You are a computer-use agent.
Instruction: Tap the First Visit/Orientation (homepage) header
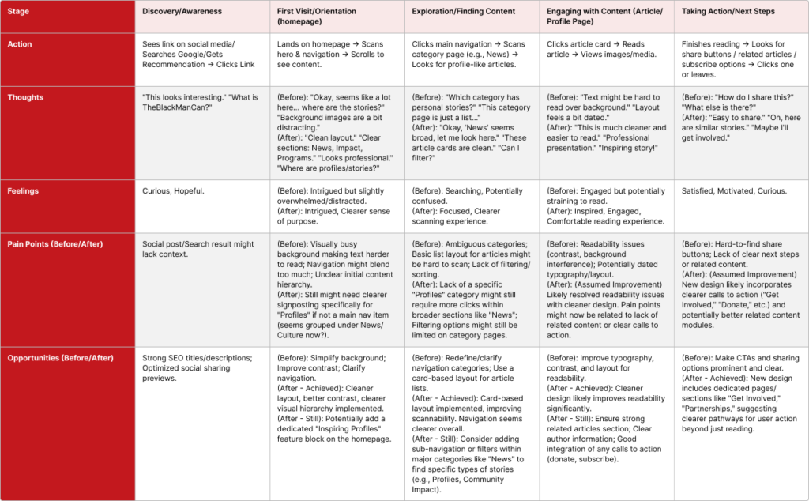pos(317,17)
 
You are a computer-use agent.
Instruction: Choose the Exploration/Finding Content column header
pos(464,12)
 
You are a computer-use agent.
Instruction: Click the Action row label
pos(21,44)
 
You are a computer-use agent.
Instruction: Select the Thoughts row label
pos(26,98)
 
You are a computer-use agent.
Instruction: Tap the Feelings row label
pos(24,190)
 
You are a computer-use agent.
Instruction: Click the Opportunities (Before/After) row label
pos(61,358)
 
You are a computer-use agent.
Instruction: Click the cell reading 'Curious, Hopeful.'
pos(173,190)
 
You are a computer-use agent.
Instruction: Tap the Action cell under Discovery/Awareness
pos(194,55)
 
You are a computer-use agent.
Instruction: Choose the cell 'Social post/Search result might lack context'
pos(194,249)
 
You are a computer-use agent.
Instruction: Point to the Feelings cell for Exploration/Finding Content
pos(466,201)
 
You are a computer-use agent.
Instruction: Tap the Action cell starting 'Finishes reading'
pos(738,59)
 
